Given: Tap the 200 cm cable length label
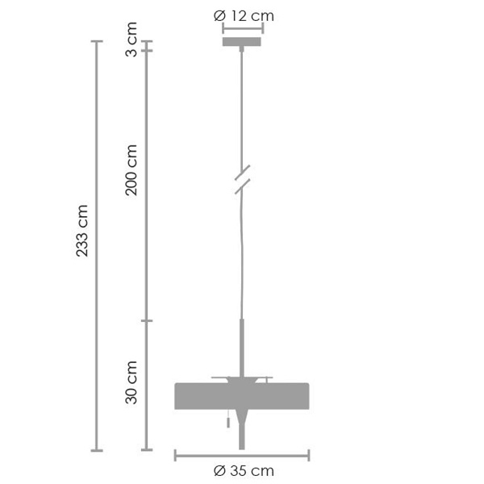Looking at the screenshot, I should pyautogui.click(x=132, y=169).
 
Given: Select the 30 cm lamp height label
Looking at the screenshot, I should pyautogui.click(x=132, y=382).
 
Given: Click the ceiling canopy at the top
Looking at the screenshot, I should pyautogui.click(x=242, y=41).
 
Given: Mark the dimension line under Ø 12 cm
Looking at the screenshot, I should pyautogui.click(x=242, y=27).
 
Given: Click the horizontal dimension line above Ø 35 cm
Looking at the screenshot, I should pyautogui.click(x=242, y=456).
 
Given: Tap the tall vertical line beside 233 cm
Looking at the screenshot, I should pyautogui.click(x=97, y=242).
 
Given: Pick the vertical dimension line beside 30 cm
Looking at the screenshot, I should pyautogui.click(x=146, y=386).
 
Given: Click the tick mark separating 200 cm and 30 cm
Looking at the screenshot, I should pyautogui.click(x=146, y=321).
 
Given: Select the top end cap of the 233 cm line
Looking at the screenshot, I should pyautogui.click(x=97, y=41).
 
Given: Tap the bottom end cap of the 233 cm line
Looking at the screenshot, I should pyautogui.click(x=97, y=449).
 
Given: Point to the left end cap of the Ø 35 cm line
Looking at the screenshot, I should pyautogui.click(x=176, y=456).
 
